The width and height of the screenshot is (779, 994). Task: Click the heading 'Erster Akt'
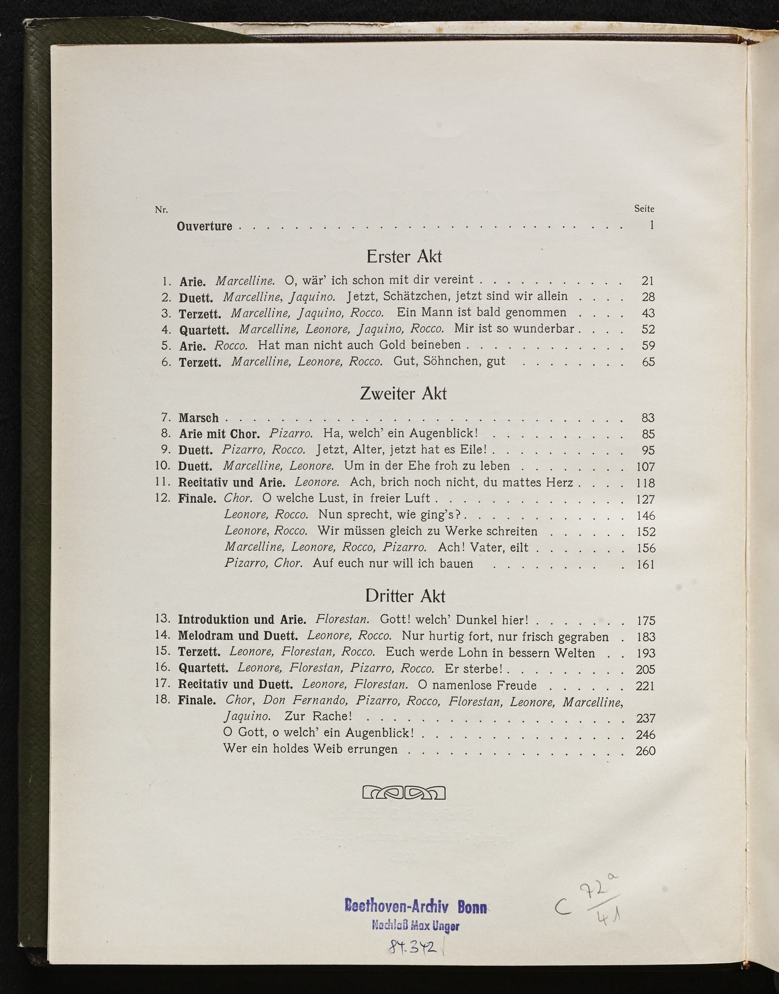403,256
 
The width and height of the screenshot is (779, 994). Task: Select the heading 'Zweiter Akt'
403,393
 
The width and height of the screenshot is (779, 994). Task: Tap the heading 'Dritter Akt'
405,596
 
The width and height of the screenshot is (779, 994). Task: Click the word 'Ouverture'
205,226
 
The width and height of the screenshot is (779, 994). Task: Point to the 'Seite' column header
644,209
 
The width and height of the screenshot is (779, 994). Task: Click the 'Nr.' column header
161,210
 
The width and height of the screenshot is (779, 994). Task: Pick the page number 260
645,751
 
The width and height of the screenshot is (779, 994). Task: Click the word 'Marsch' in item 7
198,418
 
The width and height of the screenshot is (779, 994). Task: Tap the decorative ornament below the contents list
404,792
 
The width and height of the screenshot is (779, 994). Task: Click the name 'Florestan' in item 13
342,619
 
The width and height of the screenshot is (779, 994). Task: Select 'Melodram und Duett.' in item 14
238,636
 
